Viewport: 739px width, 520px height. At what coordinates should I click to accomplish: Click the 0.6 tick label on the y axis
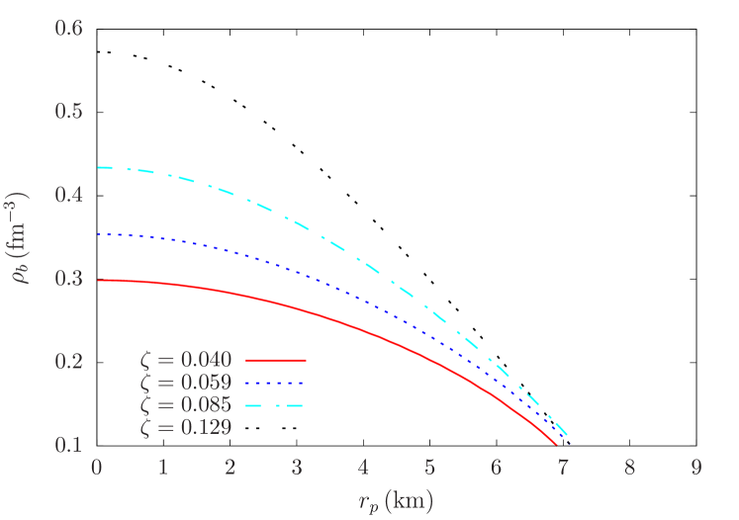click(x=68, y=27)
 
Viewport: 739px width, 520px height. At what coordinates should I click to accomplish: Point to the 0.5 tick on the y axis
click(x=68, y=110)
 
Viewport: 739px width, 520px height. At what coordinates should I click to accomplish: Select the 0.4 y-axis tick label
click(x=68, y=194)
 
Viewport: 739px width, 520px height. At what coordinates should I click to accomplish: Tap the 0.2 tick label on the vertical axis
click(x=68, y=361)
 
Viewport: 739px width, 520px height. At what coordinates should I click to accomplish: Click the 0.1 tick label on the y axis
click(x=68, y=444)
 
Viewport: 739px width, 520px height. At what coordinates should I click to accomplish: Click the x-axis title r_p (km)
click(x=396, y=501)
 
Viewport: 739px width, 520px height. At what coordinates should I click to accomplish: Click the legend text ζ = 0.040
click(x=186, y=361)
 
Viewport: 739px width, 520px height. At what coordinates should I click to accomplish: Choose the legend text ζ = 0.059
click(x=186, y=383)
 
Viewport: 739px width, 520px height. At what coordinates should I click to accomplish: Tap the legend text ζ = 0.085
click(x=186, y=405)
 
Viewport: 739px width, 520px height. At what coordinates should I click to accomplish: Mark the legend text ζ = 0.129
click(x=186, y=427)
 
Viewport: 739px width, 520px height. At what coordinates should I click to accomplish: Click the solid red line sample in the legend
click(x=275, y=361)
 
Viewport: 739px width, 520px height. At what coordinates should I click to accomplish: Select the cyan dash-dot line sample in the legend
click(x=275, y=405)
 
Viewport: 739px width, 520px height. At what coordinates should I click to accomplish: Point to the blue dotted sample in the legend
click(x=275, y=383)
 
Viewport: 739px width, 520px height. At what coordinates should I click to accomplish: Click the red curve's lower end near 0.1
click(x=557, y=444)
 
